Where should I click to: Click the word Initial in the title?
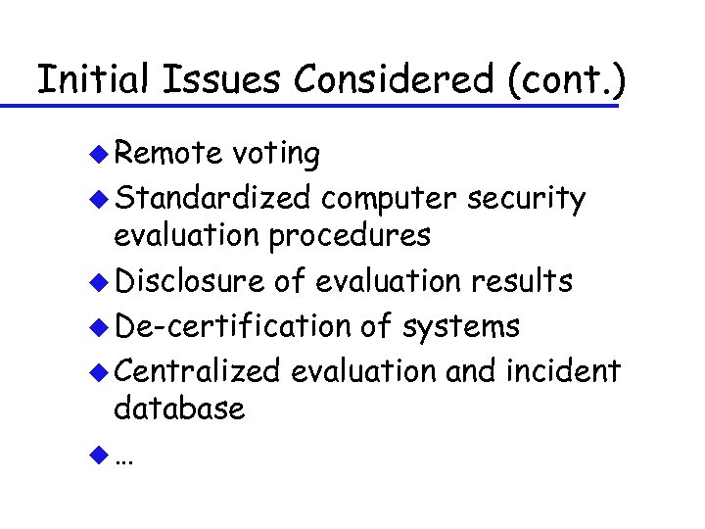(x=91, y=79)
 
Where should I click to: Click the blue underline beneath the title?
(x=323, y=105)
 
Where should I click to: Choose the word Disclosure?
(x=189, y=282)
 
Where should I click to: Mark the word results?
(x=521, y=282)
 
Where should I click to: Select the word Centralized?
(x=197, y=371)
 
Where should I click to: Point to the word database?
(x=179, y=409)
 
